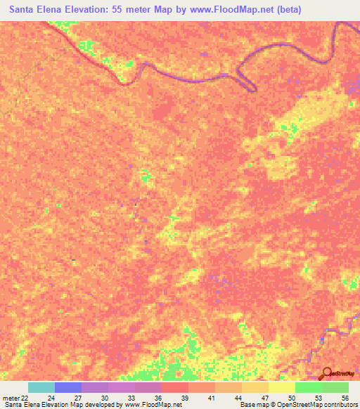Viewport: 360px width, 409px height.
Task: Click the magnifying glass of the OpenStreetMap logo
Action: (327, 373)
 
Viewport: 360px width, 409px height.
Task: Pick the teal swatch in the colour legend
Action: (41, 387)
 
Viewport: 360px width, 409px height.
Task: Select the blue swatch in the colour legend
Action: (68, 387)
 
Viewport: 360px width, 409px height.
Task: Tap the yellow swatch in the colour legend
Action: (282, 387)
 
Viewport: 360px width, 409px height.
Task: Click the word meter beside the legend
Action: (11, 398)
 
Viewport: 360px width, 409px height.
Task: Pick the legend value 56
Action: (344, 398)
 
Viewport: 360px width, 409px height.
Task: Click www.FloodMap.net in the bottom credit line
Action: (149, 405)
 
